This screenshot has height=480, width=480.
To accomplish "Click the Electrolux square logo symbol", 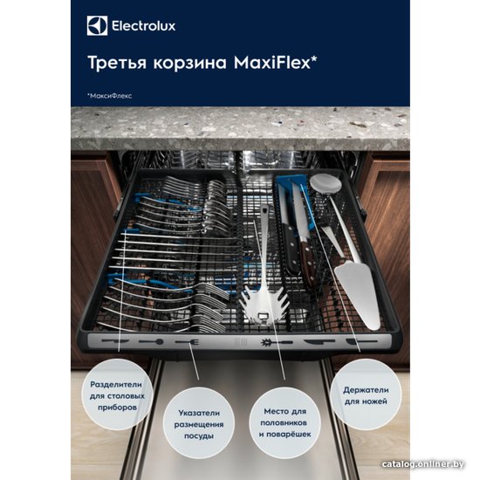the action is (x=97, y=25).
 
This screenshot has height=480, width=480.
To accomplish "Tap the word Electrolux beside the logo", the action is (x=144, y=25).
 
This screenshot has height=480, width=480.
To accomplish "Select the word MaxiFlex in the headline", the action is (x=272, y=63).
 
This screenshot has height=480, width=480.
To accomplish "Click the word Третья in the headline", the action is (x=117, y=63).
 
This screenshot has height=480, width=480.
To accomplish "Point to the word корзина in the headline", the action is (x=190, y=64).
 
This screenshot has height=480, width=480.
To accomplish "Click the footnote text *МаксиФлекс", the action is (x=110, y=96).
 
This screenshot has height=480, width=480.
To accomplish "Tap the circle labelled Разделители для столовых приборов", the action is (x=117, y=395).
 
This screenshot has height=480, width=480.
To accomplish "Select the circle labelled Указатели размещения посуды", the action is (x=199, y=424).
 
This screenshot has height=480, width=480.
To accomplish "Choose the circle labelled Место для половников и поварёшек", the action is (x=285, y=422).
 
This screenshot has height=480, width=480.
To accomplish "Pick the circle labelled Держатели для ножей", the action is (x=366, y=394).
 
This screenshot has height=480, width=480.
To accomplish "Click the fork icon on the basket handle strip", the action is (x=188, y=342).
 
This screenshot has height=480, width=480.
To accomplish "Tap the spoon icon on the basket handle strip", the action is (x=151, y=341).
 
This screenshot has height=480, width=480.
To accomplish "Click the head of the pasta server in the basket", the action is (x=265, y=305).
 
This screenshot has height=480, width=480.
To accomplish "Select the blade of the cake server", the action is (x=358, y=295).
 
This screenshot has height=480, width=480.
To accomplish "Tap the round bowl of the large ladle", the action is (x=326, y=182).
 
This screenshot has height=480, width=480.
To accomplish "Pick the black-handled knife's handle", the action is (x=291, y=249).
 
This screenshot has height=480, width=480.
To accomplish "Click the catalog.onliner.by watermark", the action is (x=422, y=464).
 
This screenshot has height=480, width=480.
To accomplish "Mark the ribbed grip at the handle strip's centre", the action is (x=241, y=342).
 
